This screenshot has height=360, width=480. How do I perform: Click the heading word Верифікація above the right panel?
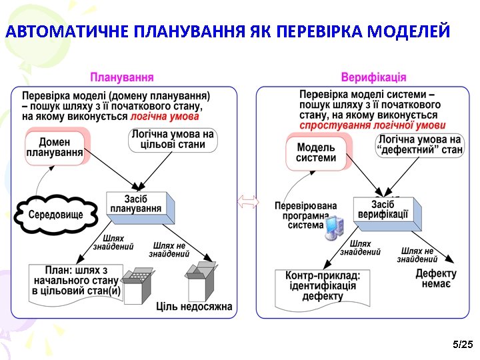[x=373, y=77]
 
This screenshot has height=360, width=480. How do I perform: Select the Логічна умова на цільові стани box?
[x=173, y=139]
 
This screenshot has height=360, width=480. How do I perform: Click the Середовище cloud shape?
[x=56, y=215]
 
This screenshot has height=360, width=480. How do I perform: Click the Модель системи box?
[x=317, y=153]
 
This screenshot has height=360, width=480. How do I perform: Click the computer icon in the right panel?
[x=333, y=228]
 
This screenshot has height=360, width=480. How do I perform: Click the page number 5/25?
[x=462, y=344]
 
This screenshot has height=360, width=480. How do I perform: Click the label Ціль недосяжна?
[x=194, y=307]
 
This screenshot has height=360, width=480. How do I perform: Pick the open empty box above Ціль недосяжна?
[x=201, y=281]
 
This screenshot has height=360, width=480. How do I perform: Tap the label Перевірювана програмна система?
[x=306, y=215]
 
